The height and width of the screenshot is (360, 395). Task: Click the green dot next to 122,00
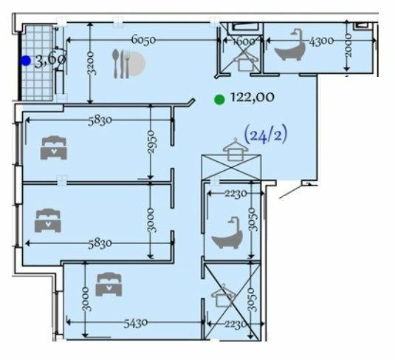click(219, 99)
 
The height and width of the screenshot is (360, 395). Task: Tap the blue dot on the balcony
click(26, 61)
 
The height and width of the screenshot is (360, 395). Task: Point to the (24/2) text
click(264, 135)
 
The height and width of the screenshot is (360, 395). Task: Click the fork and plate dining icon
click(128, 64)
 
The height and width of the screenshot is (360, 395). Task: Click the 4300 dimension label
click(322, 41)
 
